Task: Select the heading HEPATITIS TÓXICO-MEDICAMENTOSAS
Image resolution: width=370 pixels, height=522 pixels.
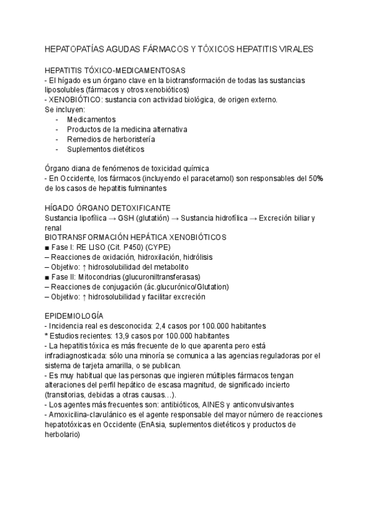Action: [x=115, y=71]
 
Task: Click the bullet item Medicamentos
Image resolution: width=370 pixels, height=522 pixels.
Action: [x=91, y=119]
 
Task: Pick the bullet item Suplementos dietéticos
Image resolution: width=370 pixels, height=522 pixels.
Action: [x=105, y=149]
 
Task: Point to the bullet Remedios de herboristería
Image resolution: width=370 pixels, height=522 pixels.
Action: [x=110, y=139]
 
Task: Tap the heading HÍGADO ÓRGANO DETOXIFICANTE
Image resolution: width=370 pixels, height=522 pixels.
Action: [x=108, y=208]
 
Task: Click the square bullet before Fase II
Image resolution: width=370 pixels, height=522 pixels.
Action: [x=48, y=277]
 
